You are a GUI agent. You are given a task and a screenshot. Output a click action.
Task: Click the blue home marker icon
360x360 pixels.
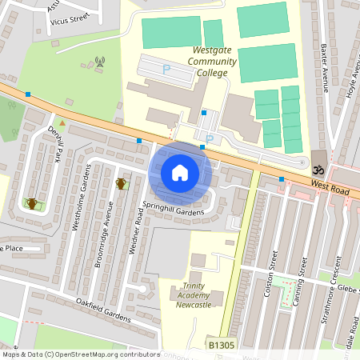(x=180, y=172)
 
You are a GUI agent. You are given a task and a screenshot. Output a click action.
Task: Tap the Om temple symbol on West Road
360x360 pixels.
(x=318, y=170)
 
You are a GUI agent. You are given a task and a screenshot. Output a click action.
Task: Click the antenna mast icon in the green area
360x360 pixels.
(x=100, y=61)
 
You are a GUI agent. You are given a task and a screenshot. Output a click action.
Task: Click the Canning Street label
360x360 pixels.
(x=299, y=277)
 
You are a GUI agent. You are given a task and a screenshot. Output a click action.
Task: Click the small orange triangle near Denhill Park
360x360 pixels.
(x=61, y=122)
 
